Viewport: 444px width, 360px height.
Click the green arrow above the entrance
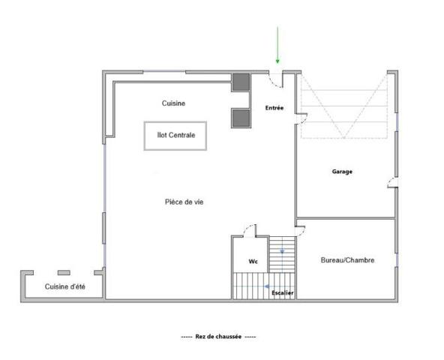click(277, 45)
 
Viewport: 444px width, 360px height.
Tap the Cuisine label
click(173, 103)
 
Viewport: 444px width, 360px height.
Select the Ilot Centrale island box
click(175, 136)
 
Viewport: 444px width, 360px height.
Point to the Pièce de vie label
click(184, 202)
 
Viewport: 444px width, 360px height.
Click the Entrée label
click(274, 109)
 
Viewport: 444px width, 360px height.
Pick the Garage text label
click(342, 172)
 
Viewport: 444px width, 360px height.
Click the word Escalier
click(283, 292)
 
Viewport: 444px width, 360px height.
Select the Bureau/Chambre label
click(347, 260)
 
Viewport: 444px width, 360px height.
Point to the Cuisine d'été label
click(64, 286)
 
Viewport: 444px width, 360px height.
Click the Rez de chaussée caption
click(218, 337)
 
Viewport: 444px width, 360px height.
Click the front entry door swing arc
click(275, 77)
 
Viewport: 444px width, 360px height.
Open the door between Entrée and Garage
click(301, 115)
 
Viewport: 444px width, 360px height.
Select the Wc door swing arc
click(251, 229)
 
